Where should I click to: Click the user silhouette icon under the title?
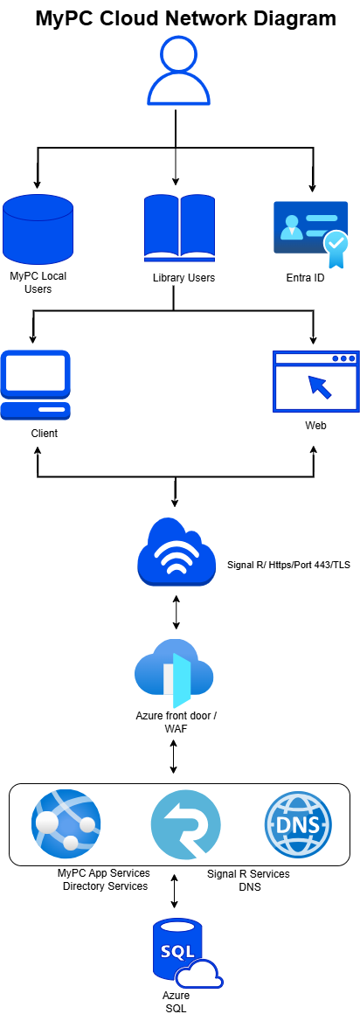tap(179, 70)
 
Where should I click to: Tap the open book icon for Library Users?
tap(177, 226)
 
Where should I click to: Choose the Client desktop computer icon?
tap(36, 385)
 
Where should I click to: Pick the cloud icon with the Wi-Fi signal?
tap(176, 552)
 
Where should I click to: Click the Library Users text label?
tap(183, 278)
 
